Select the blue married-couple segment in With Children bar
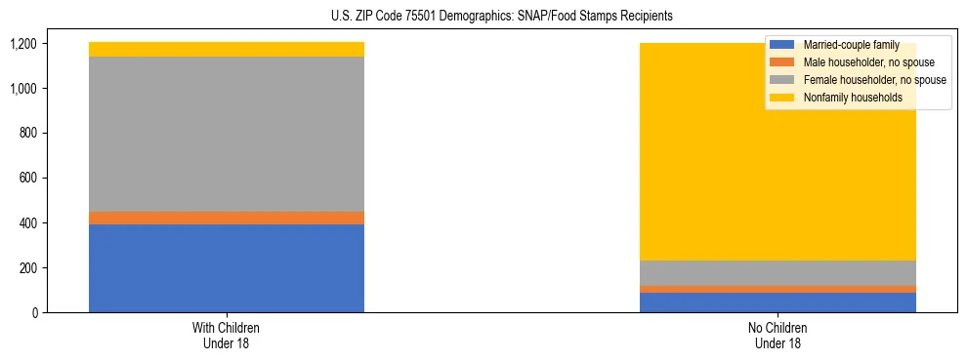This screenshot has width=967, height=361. point(227,268)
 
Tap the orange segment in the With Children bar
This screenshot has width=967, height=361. point(227,218)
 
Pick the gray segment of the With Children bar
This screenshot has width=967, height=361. point(227,134)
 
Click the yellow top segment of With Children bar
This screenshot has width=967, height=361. point(227,50)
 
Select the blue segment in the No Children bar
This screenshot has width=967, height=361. point(778,302)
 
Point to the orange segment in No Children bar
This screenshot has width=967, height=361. point(778,289)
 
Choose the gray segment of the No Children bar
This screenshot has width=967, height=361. point(778,273)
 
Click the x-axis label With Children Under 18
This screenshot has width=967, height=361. point(227,336)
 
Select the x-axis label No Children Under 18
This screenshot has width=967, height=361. point(778,336)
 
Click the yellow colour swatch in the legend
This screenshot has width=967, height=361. point(782,98)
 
